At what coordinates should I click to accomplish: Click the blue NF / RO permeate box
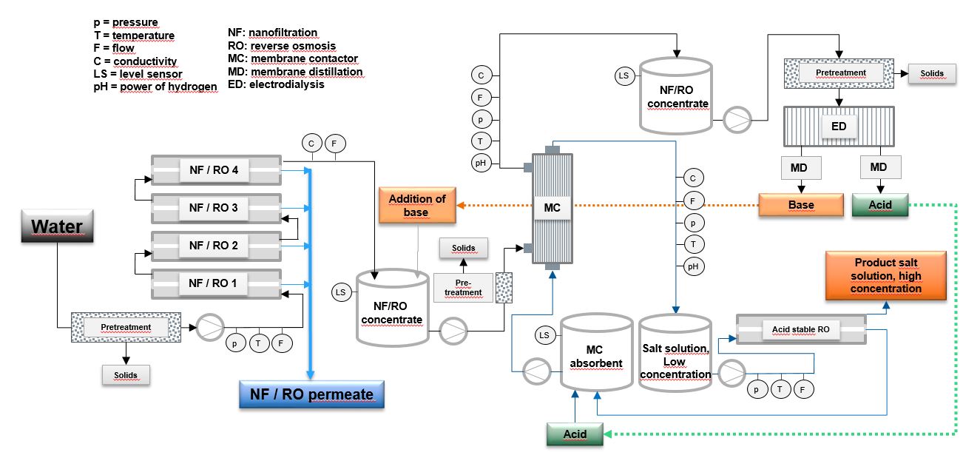click(311, 394)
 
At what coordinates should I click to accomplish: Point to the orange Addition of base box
click(417, 204)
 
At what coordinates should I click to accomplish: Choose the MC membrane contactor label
click(553, 208)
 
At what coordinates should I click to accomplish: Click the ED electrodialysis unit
click(839, 127)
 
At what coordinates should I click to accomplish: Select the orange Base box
click(801, 205)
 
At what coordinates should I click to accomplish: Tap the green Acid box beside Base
click(879, 204)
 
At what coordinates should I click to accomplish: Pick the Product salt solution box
click(885, 275)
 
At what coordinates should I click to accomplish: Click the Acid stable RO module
click(801, 330)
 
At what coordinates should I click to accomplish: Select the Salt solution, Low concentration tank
click(675, 355)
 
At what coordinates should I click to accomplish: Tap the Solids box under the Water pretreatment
click(125, 374)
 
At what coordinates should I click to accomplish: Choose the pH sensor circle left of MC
click(482, 164)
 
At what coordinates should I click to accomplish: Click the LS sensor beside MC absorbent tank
click(544, 336)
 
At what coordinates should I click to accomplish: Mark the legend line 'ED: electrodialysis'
click(276, 84)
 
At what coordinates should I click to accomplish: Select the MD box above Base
click(799, 167)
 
